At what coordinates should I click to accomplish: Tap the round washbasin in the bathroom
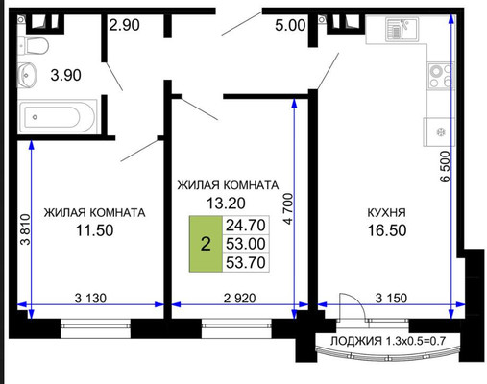27,75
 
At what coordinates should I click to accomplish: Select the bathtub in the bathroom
58,117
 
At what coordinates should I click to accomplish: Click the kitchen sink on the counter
402,29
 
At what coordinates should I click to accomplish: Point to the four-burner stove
442,76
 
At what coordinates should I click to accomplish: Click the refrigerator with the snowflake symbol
439,132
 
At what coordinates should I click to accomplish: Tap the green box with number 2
206,244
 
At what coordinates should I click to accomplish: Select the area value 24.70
246,226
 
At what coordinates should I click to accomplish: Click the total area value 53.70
246,262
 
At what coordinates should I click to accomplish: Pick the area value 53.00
246,244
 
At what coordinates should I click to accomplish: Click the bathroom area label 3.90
65,75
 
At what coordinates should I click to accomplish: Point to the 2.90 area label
124,25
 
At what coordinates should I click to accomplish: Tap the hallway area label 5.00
290,25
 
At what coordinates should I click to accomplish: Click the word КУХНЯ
386,212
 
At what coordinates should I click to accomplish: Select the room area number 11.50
94,230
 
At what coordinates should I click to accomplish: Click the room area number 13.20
226,204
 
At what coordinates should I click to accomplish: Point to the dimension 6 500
445,167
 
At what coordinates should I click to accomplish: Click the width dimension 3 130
90,299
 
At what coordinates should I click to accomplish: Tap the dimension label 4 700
288,208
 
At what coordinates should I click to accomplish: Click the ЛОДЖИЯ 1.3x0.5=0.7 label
388,341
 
